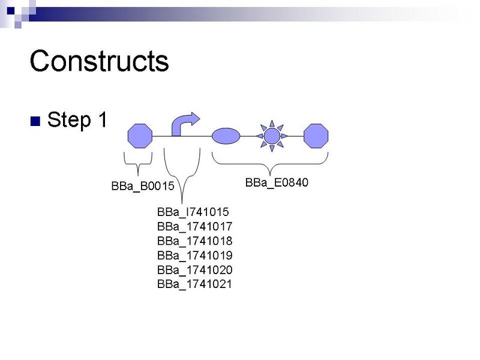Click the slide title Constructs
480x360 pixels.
click(x=99, y=61)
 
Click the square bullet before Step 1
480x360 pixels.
click(x=34, y=121)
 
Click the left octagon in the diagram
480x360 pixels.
click(x=140, y=136)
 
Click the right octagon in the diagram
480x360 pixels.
click(x=316, y=136)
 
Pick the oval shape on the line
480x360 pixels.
click(x=226, y=136)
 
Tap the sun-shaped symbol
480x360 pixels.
click(x=272, y=136)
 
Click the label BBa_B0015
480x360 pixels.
click(x=143, y=186)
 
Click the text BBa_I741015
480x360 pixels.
click(x=193, y=212)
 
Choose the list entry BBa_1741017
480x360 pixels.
click(x=194, y=226)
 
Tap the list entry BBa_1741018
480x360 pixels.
click(x=194, y=241)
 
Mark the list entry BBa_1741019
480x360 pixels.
click(x=194, y=255)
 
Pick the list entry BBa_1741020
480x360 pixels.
click(x=194, y=269)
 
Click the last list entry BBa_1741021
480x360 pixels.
click(x=194, y=284)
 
